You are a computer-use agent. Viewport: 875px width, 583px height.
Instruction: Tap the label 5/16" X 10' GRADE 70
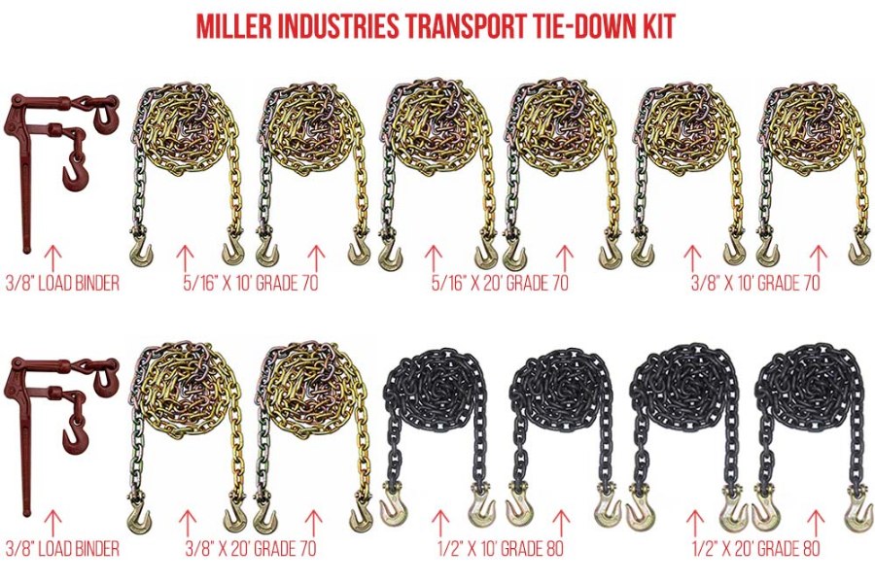click(251, 284)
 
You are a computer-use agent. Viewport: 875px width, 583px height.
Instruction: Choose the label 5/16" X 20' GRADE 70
click(501, 284)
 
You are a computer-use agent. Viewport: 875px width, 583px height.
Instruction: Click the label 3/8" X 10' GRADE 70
click(755, 284)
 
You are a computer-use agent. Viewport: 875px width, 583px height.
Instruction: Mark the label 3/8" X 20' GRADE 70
click(251, 550)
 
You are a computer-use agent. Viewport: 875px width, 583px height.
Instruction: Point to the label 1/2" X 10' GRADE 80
click(501, 550)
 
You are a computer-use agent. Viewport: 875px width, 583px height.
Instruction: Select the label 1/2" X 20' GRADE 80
click(755, 550)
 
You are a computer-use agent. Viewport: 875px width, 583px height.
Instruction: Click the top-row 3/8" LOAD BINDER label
click(61, 284)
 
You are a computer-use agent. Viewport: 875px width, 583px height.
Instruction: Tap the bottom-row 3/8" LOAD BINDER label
click(61, 550)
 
